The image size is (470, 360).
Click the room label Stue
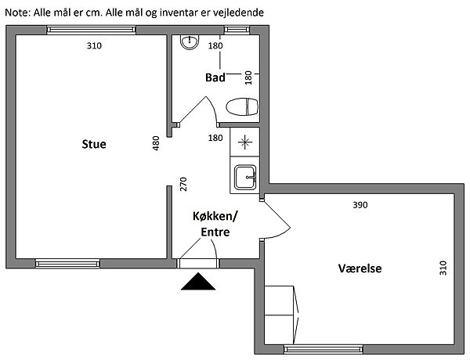pos(94,145)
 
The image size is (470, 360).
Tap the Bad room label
pos(215,77)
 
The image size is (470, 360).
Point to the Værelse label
pos(360,268)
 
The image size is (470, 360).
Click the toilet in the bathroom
pos(242,106)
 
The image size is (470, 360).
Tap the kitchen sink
pos(244,178)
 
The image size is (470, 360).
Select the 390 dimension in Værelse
pos(360,205)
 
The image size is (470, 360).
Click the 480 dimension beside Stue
pos(156,144)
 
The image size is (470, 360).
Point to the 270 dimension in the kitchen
pos(183,184)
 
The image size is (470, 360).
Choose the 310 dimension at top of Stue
pos(94,45)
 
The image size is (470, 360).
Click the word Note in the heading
pos(17,13)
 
